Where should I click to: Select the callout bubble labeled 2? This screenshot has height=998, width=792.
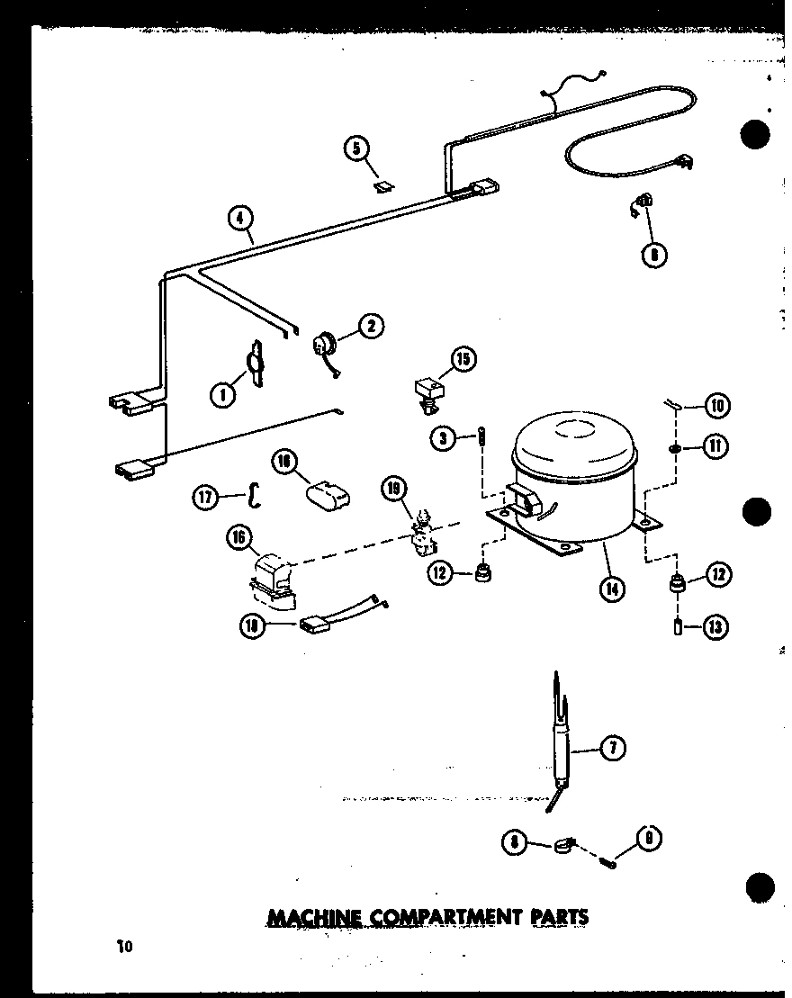click(x=371, y=326)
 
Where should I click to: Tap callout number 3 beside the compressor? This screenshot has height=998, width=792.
click(x=441, y=438)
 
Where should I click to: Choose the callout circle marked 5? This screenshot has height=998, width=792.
click(x=357, y=148)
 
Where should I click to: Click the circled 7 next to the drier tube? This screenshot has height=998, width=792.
click(x=613, y=747)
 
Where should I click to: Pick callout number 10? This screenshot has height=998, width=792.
click(x=717, y=406)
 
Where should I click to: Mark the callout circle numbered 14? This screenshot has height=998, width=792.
click(x=613, y=589)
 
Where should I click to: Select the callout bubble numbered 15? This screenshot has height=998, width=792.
click(x=463, y=361)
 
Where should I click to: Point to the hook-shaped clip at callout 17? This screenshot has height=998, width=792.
click(x=255, y=493)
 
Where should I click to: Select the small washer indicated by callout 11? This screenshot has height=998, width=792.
click(x=675, y=447)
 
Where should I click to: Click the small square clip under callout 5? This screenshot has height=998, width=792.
click(x=384, y=186)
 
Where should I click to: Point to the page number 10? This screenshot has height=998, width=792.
click(x=123, y=946)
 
